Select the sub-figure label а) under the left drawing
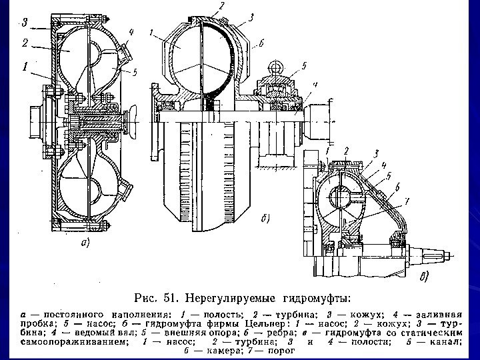tap(85, 243)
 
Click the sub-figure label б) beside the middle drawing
tap(264, 218)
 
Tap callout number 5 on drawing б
tap(303, 66)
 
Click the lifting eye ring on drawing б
tap(277, 67)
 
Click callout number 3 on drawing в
tap(376, 154)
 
